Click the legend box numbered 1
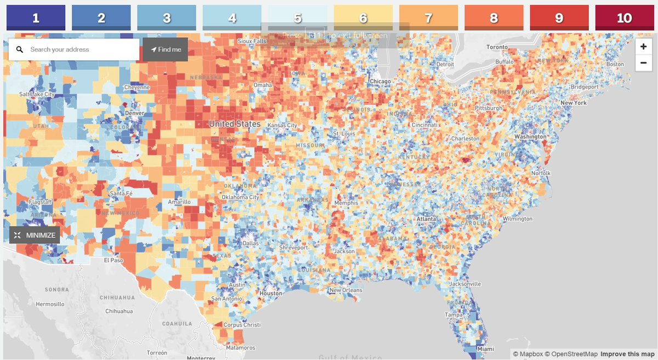pos(36,18)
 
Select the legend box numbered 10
pos(624,18)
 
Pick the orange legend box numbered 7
pos(428,18)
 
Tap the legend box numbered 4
pos(232,18)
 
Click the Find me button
pos(165,49)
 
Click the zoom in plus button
pos(644,47)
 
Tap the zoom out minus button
pos(644,64)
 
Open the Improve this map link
pos(627,354)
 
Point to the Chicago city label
pos(380,82)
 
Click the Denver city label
pos(134,113)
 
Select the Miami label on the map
pos(484,349)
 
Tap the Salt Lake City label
pos(37,94)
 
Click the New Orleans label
pos(345,290)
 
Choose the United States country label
pos(235,124)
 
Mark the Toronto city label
pos(497,47)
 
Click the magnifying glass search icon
pos(20,49)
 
